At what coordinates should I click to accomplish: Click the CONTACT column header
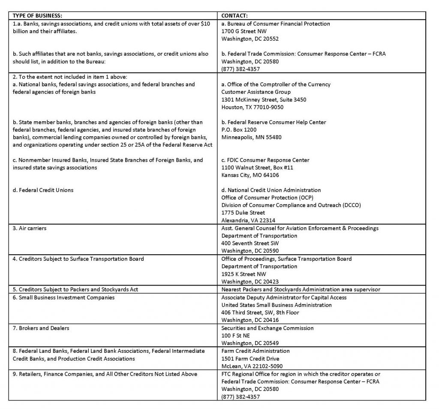pyautogui.click(x=234, y=16)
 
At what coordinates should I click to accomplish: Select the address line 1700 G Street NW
pyautogui.click(x=244, y=31)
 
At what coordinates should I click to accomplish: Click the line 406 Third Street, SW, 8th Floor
pyautogui.click(x=260, y=313)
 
